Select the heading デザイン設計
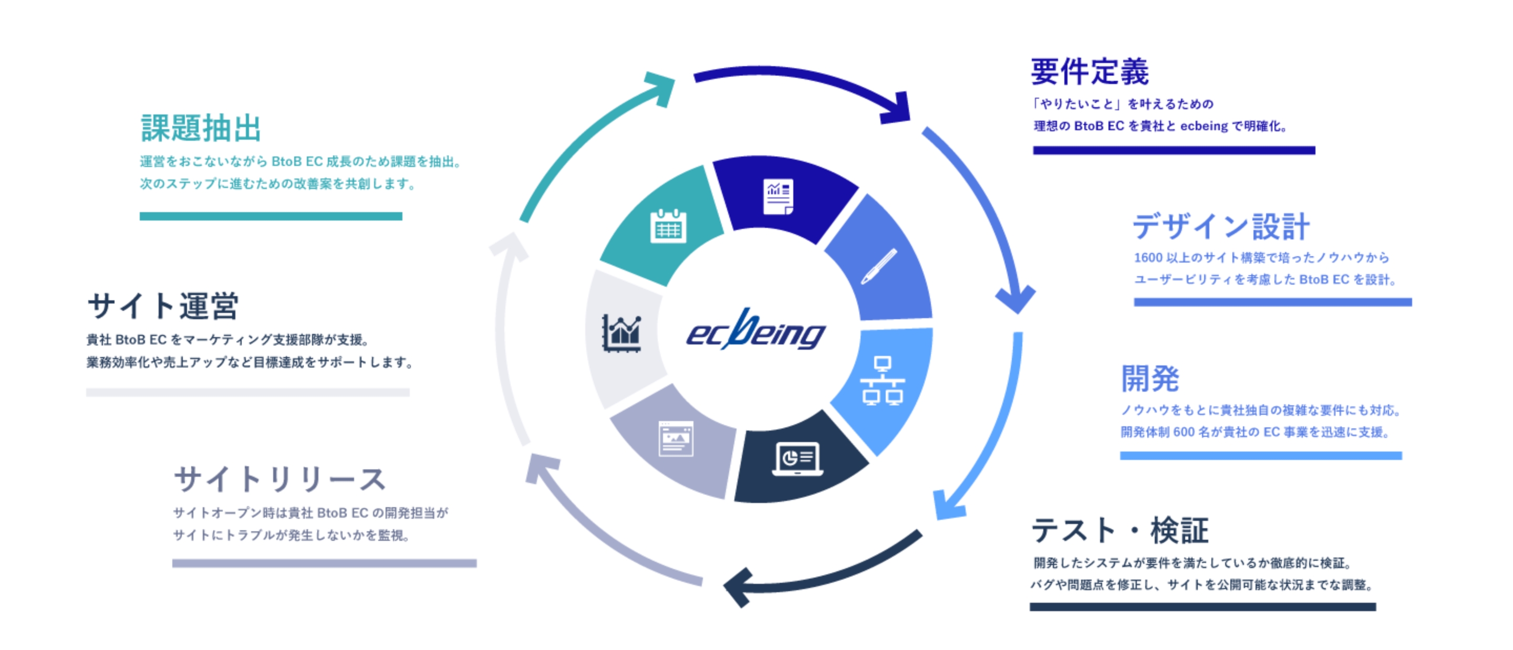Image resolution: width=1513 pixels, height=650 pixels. click(x=1221, y=227)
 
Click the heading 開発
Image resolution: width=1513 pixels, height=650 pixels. click(x=1149, y=379)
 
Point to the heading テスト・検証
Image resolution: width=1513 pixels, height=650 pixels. click(x=1120, y=530)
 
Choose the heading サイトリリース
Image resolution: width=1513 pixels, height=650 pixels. click(x=279, y=480)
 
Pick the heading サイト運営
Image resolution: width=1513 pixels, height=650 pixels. click(x=163, y=307)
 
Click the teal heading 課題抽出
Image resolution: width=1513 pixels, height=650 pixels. click(x=201, y=129)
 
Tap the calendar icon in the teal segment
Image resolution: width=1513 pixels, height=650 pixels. click(x=668, y=226)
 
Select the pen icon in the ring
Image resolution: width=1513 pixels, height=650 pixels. click(x=879, y=267)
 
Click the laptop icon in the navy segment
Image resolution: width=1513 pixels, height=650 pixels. click(x=797, y=458)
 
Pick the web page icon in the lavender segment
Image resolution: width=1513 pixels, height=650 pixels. click(x=676, y=438)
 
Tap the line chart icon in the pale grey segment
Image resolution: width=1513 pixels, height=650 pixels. click(x=622, y=333)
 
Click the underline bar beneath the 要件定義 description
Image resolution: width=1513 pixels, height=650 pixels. click(x=1174, y=151)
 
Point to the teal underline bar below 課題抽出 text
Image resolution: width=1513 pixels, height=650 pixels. click(x=271, y=216)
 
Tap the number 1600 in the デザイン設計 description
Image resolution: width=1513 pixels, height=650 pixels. click(x=1148, y=258)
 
